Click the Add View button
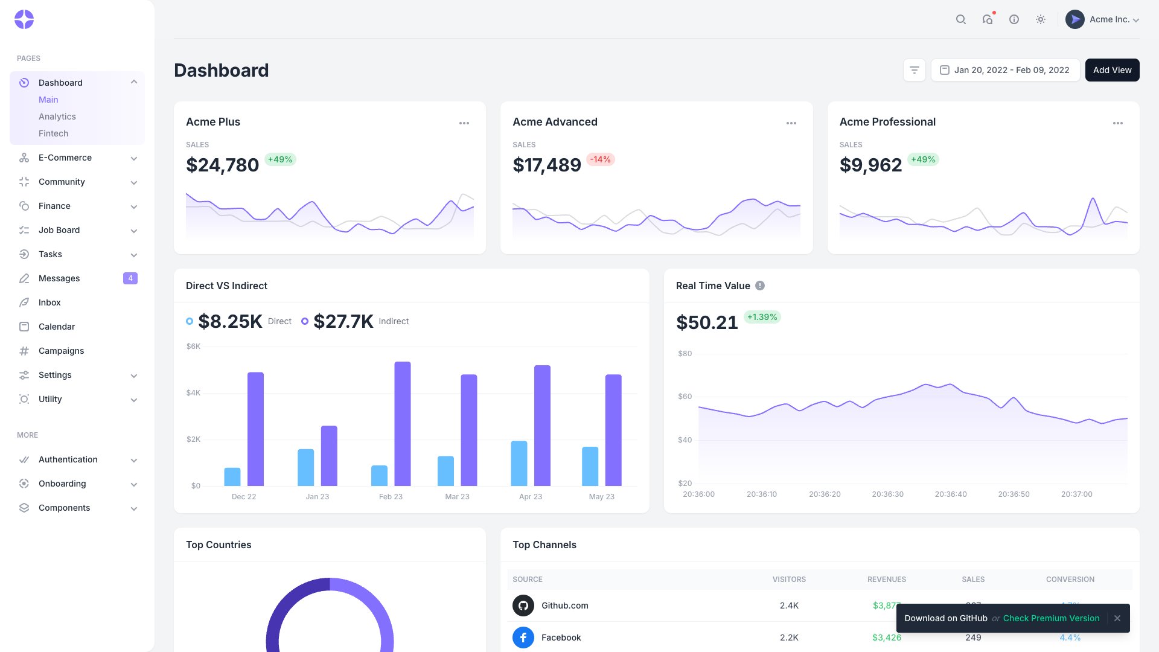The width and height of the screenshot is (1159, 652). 1112,70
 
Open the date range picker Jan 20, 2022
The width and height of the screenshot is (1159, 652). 1005,70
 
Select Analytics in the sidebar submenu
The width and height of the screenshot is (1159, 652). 57,117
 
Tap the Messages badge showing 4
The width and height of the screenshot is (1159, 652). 130,278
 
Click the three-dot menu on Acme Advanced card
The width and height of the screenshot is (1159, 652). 791,123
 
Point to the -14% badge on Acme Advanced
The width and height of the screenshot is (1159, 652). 600,159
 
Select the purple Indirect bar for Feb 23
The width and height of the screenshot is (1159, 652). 403,424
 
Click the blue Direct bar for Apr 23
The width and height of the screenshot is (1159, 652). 519,464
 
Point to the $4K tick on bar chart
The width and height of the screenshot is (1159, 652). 193,393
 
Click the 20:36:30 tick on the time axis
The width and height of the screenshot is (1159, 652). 887,494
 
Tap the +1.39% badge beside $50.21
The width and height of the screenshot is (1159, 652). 762,317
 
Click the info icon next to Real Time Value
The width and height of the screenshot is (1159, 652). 760,286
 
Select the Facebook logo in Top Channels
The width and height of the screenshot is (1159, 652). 523,638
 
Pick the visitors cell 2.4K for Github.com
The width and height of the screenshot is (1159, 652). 789,606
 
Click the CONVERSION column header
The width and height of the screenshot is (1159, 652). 1070,580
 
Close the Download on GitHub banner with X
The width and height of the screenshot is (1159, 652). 1117,618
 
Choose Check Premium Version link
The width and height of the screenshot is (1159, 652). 1051,618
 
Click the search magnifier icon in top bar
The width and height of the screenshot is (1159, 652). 960,19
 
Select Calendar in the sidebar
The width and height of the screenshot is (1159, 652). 57,327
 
